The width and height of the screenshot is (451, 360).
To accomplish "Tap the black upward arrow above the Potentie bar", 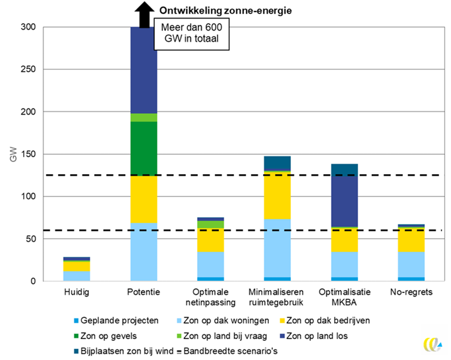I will (143, 14).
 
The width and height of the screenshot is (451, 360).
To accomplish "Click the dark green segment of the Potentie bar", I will (143, 148).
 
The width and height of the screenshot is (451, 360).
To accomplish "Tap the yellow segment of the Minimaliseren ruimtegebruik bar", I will (277, 195).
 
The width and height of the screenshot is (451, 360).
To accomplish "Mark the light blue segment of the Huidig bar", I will (76, 276).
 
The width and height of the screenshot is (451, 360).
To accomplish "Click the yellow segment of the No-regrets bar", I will (411, 239).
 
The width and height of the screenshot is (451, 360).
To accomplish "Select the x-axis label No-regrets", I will (411, 291).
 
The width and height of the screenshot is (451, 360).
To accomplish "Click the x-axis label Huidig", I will (76, 291).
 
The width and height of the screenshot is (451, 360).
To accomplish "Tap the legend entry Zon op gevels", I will (116, 336).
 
